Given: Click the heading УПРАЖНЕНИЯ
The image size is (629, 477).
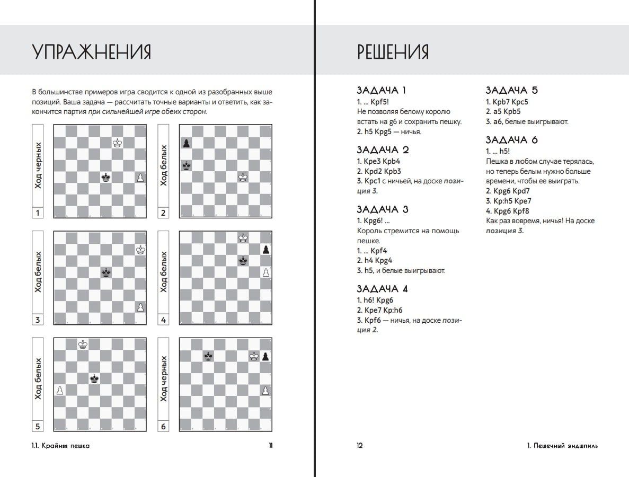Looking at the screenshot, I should coord(92,52).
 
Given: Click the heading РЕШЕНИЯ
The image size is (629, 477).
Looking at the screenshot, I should coord(393,52).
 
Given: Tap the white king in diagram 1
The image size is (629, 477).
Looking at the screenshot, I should coord(117,143).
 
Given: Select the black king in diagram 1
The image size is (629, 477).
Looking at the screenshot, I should coord(106,178).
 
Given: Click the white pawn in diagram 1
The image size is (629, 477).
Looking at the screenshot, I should coord(140,178).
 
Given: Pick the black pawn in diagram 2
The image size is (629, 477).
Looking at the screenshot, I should coord(185,143).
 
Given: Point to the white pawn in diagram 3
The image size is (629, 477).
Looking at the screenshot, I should coord(140,307).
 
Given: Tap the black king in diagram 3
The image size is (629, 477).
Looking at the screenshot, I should coord(106,272).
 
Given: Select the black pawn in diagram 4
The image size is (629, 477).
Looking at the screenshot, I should coord(266,249).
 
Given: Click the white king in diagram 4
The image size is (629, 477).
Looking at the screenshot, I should coord(243,238).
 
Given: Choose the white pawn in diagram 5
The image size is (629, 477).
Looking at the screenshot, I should coord(60,390).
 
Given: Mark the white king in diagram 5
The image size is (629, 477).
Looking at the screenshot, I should coord(83,344).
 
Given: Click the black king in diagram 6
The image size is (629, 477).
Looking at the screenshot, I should coord(209,356).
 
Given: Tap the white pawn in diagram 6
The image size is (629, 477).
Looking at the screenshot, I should coord(266,391).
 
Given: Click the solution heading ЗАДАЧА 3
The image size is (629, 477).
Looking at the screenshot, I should coord(383,209).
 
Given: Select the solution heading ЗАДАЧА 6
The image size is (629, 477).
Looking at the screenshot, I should coord(512,140).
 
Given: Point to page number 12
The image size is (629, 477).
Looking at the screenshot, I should coord(360,446).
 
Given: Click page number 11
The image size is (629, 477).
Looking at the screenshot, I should coord(270,446).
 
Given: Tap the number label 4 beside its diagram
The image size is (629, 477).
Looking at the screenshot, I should coord(163,320).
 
